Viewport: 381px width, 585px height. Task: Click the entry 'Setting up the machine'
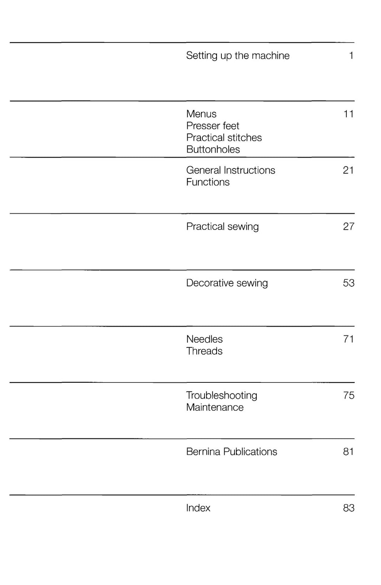238,56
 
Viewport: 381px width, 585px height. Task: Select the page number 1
351,56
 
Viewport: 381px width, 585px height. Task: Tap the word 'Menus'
201,114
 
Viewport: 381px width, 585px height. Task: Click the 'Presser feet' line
212,126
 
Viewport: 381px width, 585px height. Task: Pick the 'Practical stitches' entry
224,138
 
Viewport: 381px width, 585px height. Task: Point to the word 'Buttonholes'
213,150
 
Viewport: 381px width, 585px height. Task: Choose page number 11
348,114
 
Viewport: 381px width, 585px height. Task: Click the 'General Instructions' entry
231,171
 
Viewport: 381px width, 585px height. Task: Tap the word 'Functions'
208,182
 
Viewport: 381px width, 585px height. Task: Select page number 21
348,171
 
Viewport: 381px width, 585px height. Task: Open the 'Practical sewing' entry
222,227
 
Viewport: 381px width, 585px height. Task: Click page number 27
349,227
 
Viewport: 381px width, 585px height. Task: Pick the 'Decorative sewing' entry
227,283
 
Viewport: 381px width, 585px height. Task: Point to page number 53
349,283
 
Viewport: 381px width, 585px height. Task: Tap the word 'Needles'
204,339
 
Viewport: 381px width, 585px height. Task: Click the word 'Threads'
204,351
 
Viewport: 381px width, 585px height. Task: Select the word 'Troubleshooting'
222,395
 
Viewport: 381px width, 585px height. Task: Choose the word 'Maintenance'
215,407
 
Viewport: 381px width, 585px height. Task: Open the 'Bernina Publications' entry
231,452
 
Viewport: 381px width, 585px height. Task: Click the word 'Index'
198,508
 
